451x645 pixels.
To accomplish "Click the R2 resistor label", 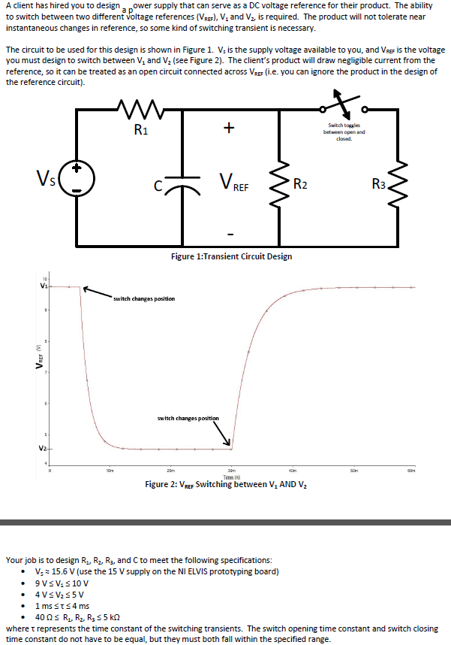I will (x=300, y=182).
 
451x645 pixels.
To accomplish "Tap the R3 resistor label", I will (x=381, y=182).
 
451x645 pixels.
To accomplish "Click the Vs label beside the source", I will (x=45, y=179).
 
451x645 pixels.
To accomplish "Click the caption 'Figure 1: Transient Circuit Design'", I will (x=231, y=256).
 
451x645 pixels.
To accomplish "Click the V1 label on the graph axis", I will (x=44, y=286).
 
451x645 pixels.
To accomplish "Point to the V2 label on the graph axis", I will (x=44, y=449).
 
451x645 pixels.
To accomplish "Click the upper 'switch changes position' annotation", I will (x=144, y=298).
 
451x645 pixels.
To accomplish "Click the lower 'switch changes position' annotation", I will (x=188, y=418).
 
